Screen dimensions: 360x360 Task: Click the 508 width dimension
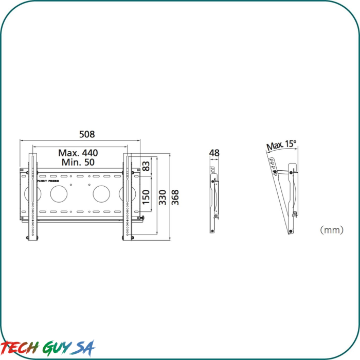(87, 134)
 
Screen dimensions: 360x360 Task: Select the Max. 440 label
(78, 153)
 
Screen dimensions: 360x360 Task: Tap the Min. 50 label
(78, 163)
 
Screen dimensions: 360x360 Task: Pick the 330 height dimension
(163, 197)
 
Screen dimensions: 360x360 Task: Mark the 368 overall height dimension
(175, 197)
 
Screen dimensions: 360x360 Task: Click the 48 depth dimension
(214, 153)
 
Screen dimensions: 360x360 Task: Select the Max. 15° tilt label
(281, 146)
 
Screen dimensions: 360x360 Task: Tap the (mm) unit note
(331, 230)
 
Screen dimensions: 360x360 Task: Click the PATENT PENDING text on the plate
(48, 181)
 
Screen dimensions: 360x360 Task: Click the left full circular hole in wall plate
(58, 194)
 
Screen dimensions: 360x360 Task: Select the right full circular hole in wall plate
(101, 194)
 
